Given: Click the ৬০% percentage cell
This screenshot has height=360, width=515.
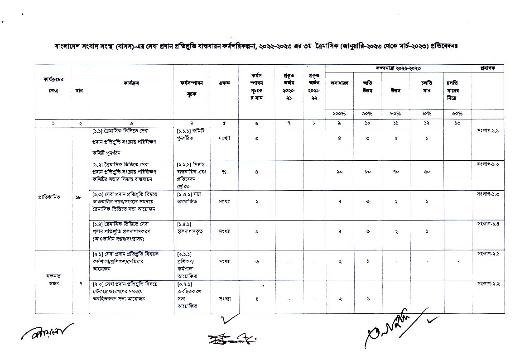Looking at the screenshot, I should (x=457, y=114).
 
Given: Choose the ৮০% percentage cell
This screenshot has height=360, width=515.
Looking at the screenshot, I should (x=395, y=114).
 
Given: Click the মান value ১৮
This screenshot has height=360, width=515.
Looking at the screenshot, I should (x=80, y=197).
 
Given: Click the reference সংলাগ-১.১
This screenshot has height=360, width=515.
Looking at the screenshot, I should (x=488, y=131).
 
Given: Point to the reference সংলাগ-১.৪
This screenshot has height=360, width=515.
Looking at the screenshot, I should (x=488, y=224).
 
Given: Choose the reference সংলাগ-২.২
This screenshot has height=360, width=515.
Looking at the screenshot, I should (x=488, y=283).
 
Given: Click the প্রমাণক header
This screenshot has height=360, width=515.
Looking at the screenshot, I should (x=488, y=67).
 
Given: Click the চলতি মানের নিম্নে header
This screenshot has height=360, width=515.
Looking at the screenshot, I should (x=457, y=90).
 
